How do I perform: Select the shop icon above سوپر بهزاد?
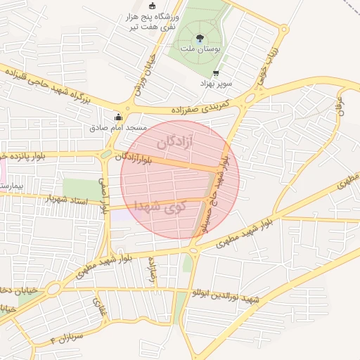pos(216,72)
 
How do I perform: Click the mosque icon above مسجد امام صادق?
pos(117,117)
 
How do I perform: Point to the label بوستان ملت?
pos(202,50)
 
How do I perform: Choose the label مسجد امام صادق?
pos(117,128)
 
